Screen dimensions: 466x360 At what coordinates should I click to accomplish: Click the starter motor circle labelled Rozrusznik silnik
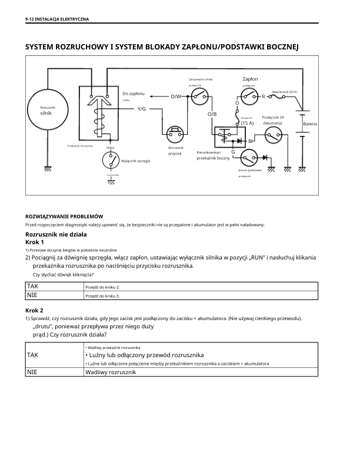tap(48, 111)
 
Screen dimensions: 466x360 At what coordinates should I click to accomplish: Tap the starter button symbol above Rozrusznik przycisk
tap(175, 132)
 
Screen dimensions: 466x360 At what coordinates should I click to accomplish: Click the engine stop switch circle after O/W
tap(201, 95)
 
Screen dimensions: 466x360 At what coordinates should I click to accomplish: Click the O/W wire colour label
tap(176, 96)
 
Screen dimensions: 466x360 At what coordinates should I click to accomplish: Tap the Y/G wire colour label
tap(142, 109)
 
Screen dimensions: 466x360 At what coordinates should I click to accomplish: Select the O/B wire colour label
tap(212, 113)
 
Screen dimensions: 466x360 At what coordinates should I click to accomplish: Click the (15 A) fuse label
tap(247, 123)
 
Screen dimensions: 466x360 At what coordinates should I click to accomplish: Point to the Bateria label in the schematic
tap(310, 124)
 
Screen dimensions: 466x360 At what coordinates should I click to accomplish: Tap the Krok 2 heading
tap(34, 310)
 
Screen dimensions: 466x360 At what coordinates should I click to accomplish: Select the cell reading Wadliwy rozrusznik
tap(111, 372)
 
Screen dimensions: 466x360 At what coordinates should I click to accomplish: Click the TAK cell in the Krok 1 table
tap(32, 286)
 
